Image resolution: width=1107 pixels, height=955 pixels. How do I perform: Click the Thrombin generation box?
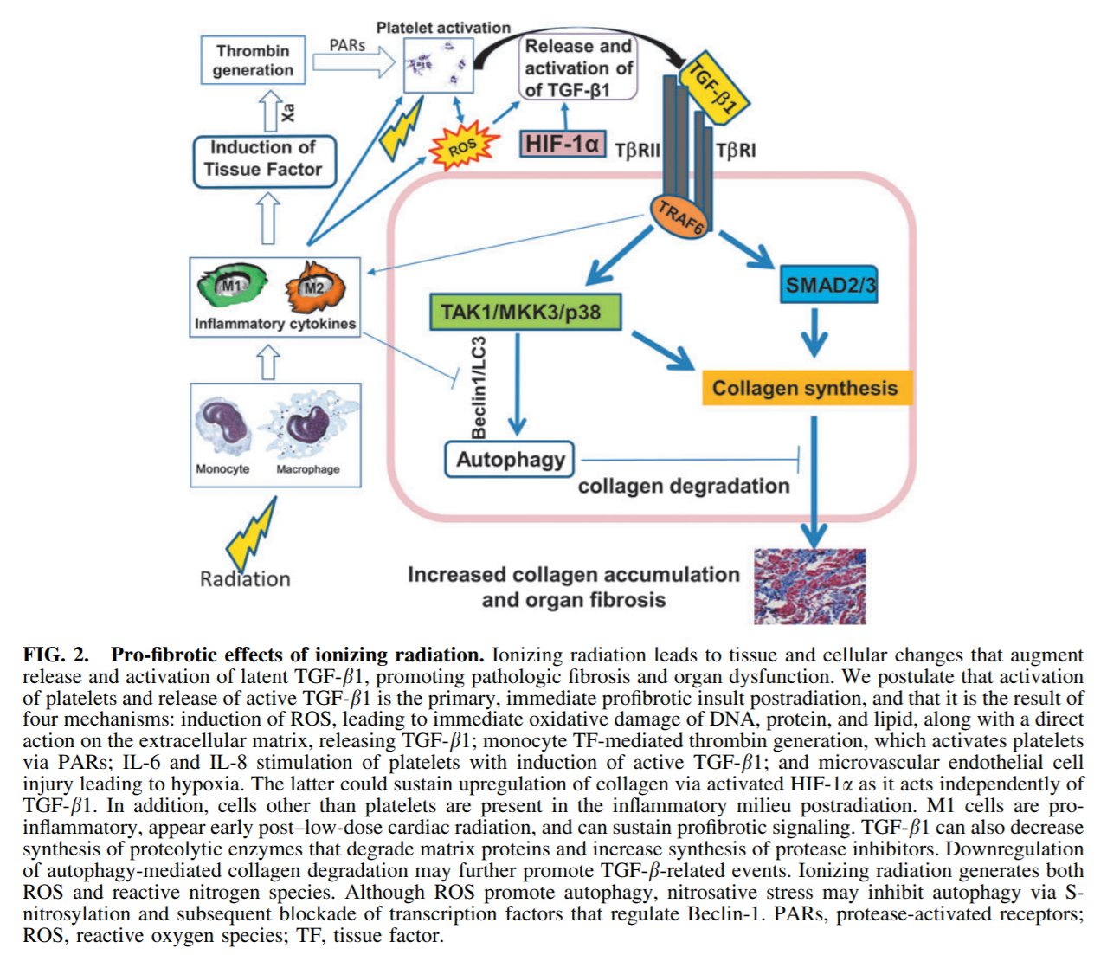click(x=253, y=60)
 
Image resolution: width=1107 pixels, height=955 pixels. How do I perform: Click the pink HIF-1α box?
click(x=563, y=143)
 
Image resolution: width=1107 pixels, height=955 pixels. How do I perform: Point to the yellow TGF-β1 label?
click(x=714, y=87)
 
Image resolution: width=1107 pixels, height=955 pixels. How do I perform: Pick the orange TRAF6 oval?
click(x=679, y=216)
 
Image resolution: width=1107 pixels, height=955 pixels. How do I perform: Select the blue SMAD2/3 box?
click(x=828, y=285)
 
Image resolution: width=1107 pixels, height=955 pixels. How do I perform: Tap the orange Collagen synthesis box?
click(x=805, y=388)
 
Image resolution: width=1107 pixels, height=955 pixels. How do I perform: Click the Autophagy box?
click(x=510, y=460)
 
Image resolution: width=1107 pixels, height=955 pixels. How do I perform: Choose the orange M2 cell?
click(x=315, y=288)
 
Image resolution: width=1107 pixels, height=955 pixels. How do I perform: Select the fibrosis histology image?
click(x=809, y=586)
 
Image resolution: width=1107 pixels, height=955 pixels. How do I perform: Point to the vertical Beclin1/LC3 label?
click(x=478, y=387)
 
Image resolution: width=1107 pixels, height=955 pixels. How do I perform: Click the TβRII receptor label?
click(x=637, y=151)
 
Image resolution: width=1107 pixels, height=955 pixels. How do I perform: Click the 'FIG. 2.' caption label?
click(x=55, y=655)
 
